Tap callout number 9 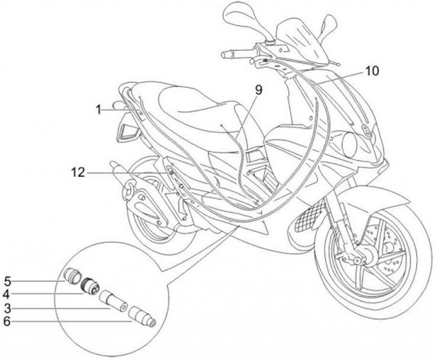[x=259, y=90]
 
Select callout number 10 [x=372, y=71]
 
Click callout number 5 [x=8, y=281]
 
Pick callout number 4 [x=8, y=295]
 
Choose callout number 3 [x=8, y=308]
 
